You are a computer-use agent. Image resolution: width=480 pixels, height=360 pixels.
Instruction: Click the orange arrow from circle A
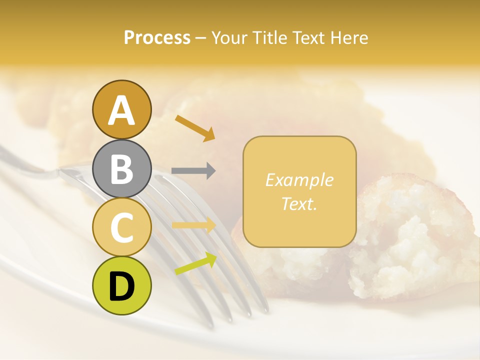tap(195, 127)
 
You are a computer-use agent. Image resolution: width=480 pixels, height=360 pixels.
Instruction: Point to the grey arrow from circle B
tap(193, 170)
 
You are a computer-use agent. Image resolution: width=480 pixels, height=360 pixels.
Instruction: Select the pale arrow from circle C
tap(194, 225)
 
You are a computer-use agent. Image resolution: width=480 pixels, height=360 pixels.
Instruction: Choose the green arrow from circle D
tap(195, 263)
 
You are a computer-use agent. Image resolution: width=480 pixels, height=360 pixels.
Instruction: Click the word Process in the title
tap(157, 37)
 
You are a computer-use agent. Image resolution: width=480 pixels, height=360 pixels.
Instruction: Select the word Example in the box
tap(299, 180)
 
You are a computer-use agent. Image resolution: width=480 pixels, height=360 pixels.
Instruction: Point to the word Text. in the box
tap(299, 203)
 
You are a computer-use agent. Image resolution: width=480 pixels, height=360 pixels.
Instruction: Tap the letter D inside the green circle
tap(121, 286)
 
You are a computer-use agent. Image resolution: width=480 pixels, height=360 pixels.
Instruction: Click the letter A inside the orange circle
tap(121, 110)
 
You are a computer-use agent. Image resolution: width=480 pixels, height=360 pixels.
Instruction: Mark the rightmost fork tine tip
tap(263, 306)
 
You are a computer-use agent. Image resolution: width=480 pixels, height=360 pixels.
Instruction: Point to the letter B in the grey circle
tap(121, 169)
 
